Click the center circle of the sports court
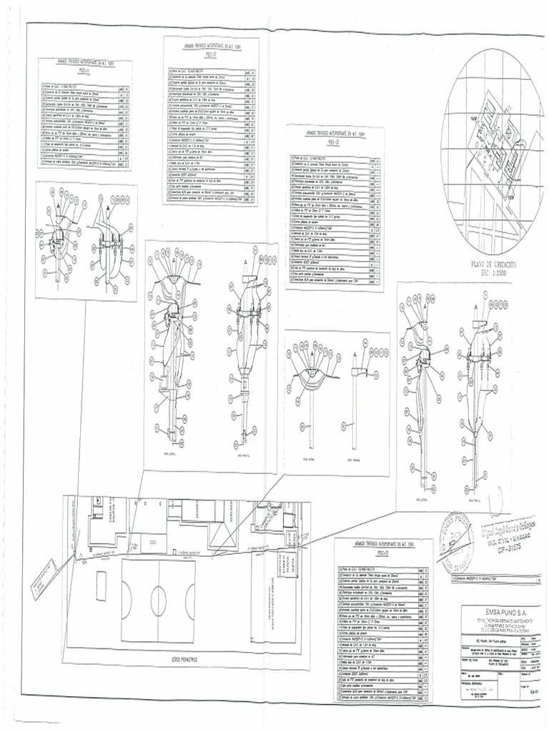(159, 600)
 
